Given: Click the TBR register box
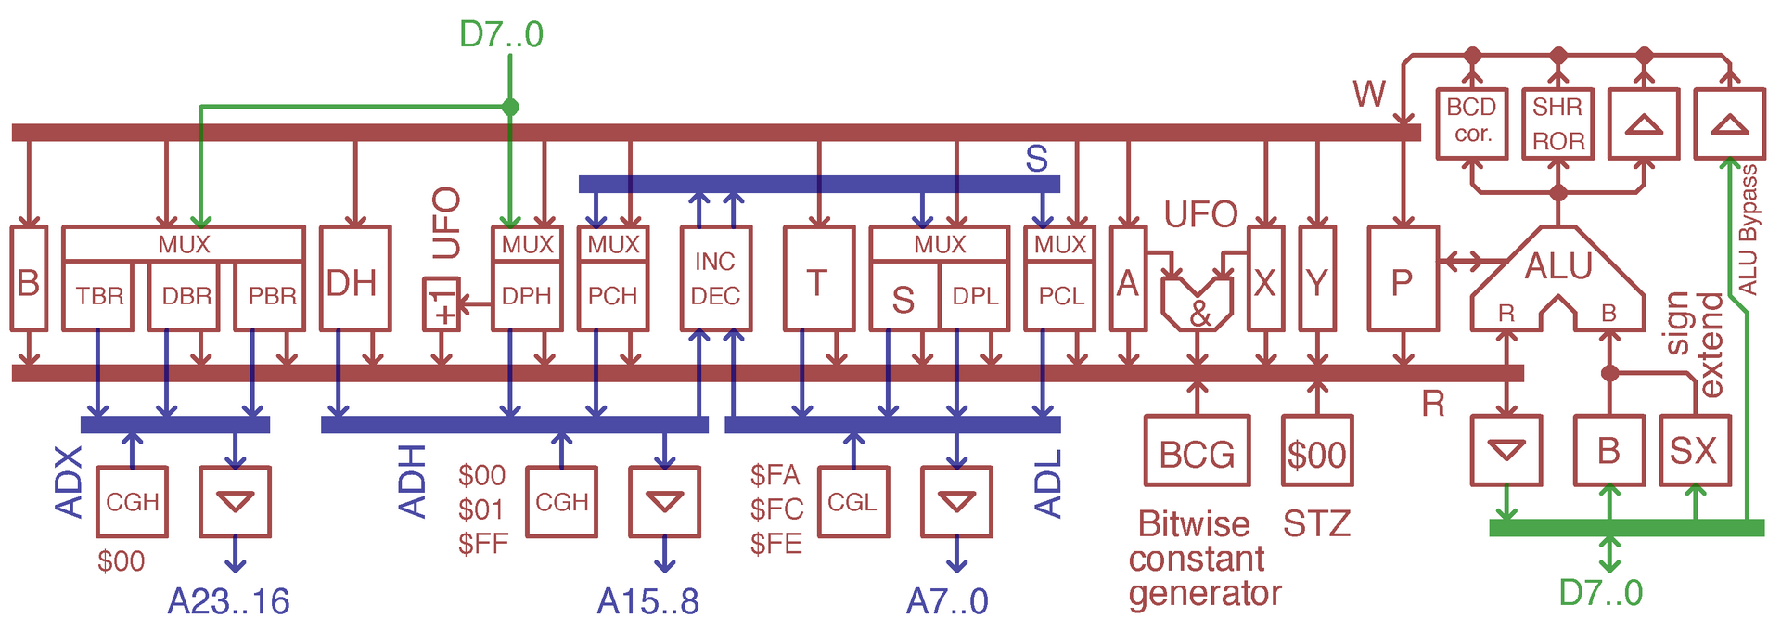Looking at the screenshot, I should [x=98, y=295].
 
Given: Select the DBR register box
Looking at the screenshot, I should [x=185, y=295].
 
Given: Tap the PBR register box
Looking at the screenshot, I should [x=270, y=295].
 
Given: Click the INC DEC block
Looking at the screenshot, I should [x=715, y=278].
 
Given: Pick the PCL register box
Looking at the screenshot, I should [x=1060, y=295].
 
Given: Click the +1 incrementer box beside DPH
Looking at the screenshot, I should [x=442, y=303].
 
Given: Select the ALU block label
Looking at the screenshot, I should [x=1558, y=266].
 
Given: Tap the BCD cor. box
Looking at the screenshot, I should [x=1472, y=123].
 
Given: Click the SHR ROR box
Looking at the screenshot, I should [x=1558, y=123].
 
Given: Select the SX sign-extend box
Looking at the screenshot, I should [x=1695, y=451].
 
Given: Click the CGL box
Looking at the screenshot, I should [x=853, y=502].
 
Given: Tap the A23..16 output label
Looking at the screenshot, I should [x=228, y=601].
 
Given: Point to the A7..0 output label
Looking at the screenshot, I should [x=947, y=601].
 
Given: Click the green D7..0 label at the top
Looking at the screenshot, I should [x=501, y=34].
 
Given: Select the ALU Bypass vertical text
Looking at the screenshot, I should [x=1749, y=230].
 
